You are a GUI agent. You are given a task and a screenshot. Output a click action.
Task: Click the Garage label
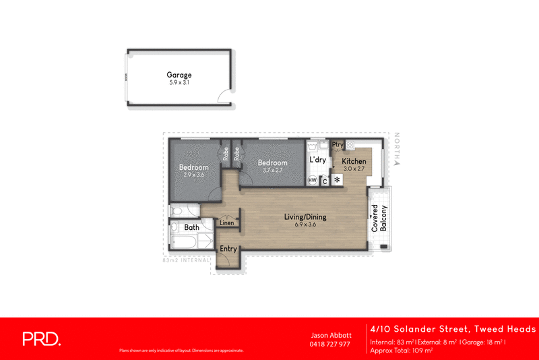pos(180,75)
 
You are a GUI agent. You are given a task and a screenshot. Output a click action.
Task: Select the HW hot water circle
pos(313,180)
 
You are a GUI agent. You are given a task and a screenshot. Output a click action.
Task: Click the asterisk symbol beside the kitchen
pos(336,180)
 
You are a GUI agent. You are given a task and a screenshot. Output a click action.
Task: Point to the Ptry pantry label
pos(338,144)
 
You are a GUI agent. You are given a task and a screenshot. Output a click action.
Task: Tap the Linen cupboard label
pos(227,222)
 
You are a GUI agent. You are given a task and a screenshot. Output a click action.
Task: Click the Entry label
pos(228,249)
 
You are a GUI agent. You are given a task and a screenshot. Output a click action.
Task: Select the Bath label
pos(192,228)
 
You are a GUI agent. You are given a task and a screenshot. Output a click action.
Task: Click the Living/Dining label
pos(305,216)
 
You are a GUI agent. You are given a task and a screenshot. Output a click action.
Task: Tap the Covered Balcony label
pos(379,218)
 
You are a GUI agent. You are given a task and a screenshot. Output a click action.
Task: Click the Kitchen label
pos(354,162)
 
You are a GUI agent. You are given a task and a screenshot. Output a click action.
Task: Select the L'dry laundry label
pos(317,160)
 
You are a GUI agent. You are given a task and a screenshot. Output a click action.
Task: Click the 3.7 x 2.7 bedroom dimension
pos(272,170)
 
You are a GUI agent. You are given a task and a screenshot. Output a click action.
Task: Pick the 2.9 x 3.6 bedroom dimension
pos(193,175)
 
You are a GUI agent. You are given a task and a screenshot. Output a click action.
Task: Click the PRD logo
pos(41,339)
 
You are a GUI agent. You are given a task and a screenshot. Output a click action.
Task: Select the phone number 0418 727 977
pos(329,344)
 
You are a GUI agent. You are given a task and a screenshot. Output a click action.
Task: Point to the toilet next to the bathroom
pos(176,210)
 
